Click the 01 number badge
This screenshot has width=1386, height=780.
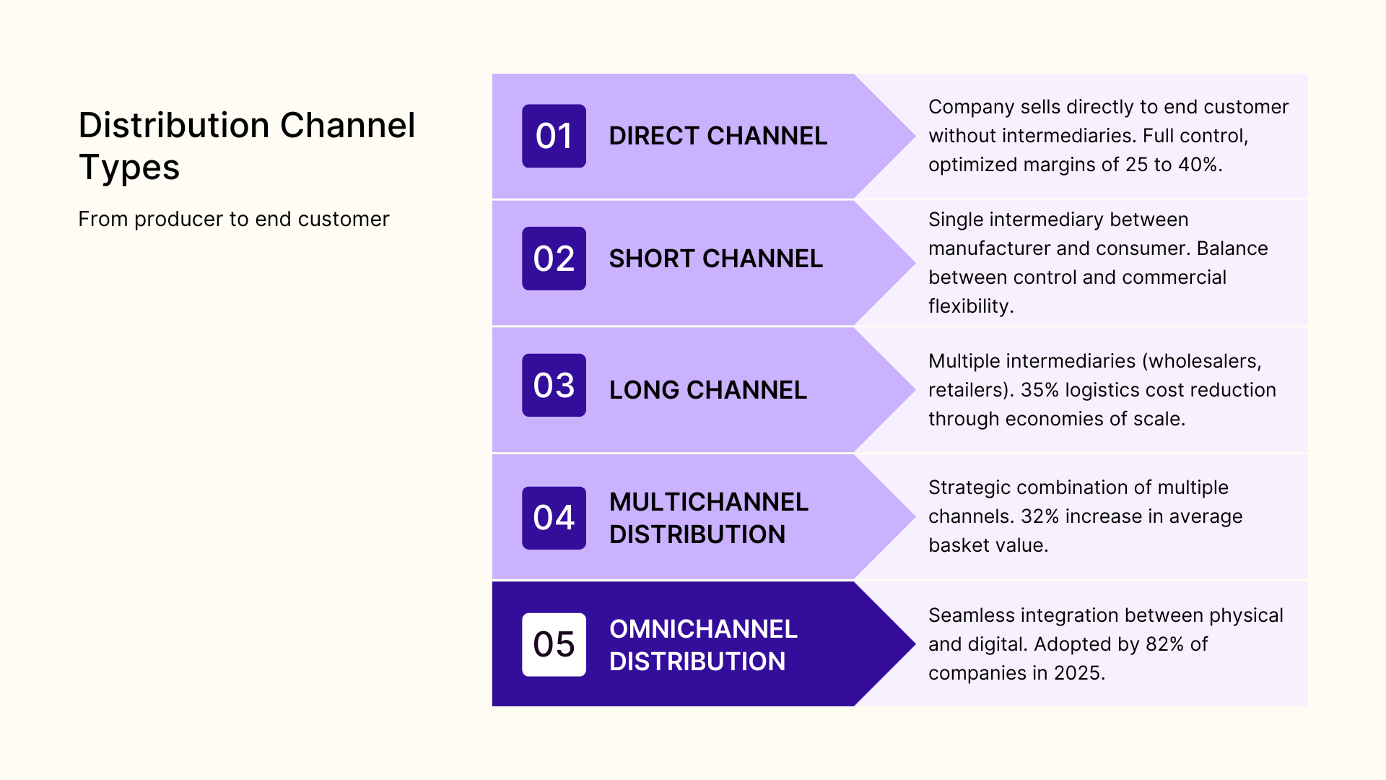coord(554,136)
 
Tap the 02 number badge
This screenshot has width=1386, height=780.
coord(554,259)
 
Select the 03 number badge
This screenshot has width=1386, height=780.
coord(554,385)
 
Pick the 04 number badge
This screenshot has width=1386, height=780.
coord(554,518)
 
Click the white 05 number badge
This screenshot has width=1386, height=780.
coord(554,644)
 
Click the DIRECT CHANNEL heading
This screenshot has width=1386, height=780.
coord(718,136)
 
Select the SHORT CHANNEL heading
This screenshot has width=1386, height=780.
coord(715,259)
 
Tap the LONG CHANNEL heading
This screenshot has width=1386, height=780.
coord(707,390)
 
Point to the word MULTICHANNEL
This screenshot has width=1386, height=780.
coord(708,502)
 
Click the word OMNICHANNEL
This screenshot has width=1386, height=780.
coord(703,629)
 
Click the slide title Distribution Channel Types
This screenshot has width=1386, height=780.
coord(246,146)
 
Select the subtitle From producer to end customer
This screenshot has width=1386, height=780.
coord(233,219)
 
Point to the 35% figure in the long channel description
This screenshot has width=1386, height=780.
coord(1039,390)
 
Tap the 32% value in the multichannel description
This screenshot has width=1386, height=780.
coord(1039,516)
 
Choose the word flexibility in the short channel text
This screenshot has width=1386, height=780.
coord(970,306)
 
